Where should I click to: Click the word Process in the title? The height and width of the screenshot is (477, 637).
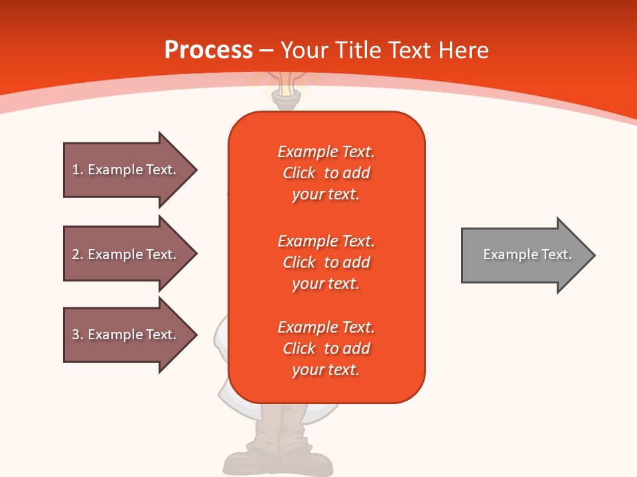pyautogui.click(x=208, y=50)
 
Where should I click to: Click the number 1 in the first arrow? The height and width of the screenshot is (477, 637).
pyautogui.click(x=76, y=170)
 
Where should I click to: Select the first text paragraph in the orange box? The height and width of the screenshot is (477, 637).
pyautogui.click(x=326, y=173)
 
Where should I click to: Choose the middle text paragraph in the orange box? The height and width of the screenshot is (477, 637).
pyautogui.click(x=326, y=262)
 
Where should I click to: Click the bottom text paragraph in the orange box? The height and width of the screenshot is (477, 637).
pyautogui.click(x=326, y=348)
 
